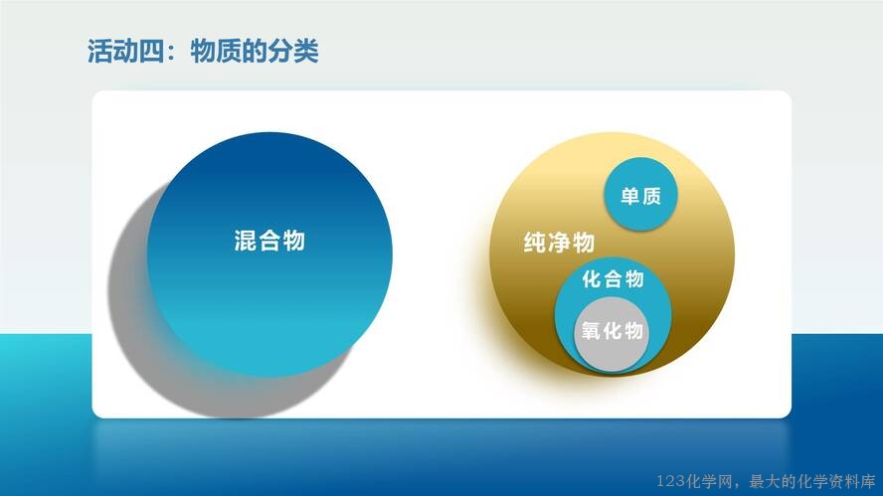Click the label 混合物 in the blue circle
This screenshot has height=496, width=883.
269,241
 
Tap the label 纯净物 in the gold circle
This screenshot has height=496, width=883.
559,243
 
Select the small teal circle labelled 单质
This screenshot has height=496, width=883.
640,194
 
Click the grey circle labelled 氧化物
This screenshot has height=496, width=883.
612,334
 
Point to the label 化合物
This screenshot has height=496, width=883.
614,278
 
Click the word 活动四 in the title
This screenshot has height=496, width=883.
125,52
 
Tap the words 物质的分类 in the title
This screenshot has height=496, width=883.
255,52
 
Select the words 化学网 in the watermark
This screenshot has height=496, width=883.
709,481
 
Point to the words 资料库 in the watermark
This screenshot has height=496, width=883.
852,481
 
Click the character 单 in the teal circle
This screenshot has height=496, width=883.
630,196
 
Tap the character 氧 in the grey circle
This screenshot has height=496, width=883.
592,331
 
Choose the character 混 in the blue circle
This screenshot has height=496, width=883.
246,241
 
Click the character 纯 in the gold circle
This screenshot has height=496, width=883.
535,243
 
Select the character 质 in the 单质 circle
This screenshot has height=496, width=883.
651,196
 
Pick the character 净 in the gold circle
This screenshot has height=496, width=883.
559,243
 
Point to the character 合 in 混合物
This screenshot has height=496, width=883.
269,241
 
